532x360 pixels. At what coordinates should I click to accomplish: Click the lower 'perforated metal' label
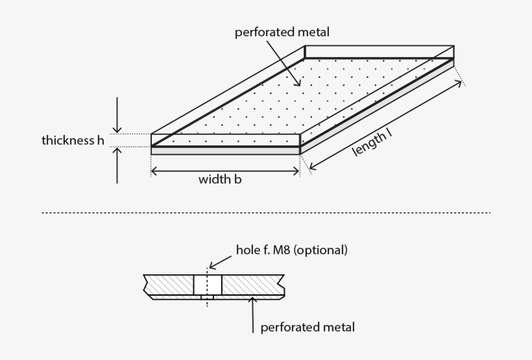pyautogui.click(x=308, y=327)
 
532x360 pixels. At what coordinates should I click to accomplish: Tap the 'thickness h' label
pyautogui.click(x=73, y=140)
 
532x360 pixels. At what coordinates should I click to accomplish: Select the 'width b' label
pyautogui.click(x=220, y=180)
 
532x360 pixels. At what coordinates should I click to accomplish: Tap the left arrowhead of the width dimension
pyautogui.click(x=155, y=171)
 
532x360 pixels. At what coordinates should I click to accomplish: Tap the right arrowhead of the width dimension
pyautogui.click(x=296, y=171)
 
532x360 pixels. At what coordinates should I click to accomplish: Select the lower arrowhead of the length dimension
pyautogui.click(x=315, y=169)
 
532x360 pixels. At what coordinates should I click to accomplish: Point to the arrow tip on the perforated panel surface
pyautogui.click(x=299, y=84)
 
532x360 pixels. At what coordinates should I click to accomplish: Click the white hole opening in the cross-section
pyautogui.click(x=208, y=284)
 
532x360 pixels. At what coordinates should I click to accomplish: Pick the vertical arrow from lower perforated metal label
pyautogui.click(x=253, y=315)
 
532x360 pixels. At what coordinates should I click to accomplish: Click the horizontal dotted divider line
pyautogui.click(x=266, y=213)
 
